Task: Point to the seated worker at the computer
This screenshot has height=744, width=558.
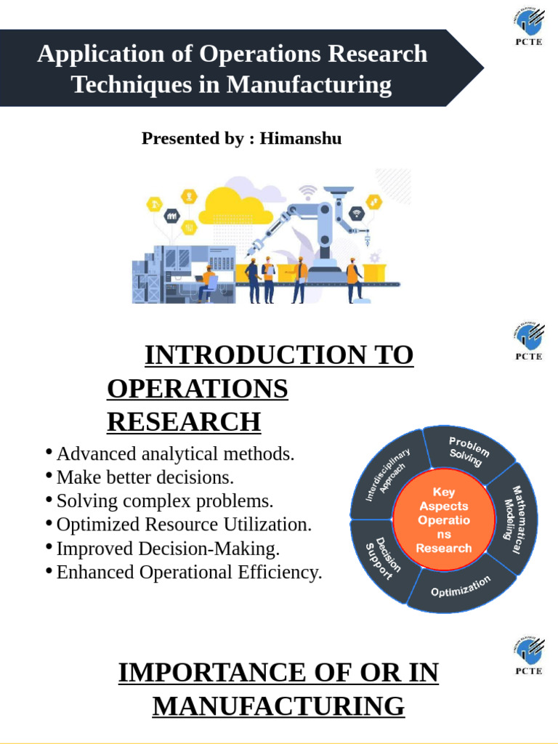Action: (x=208, y=283)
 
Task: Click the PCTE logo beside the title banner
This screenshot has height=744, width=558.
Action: (x=528, y=29)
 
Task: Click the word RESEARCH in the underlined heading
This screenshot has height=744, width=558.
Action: (x=183, y=421)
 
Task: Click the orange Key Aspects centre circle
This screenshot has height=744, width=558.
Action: (x=443, y=521)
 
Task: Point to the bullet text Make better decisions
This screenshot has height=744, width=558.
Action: (x=145, y=478)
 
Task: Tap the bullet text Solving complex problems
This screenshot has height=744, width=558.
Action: (x=165, y=501)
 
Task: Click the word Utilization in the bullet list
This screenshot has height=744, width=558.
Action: (x=271, y=525)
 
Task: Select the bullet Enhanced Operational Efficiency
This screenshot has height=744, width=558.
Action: (x=189, y=573)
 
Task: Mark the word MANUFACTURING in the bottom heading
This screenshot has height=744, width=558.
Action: (x=278, y=705)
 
